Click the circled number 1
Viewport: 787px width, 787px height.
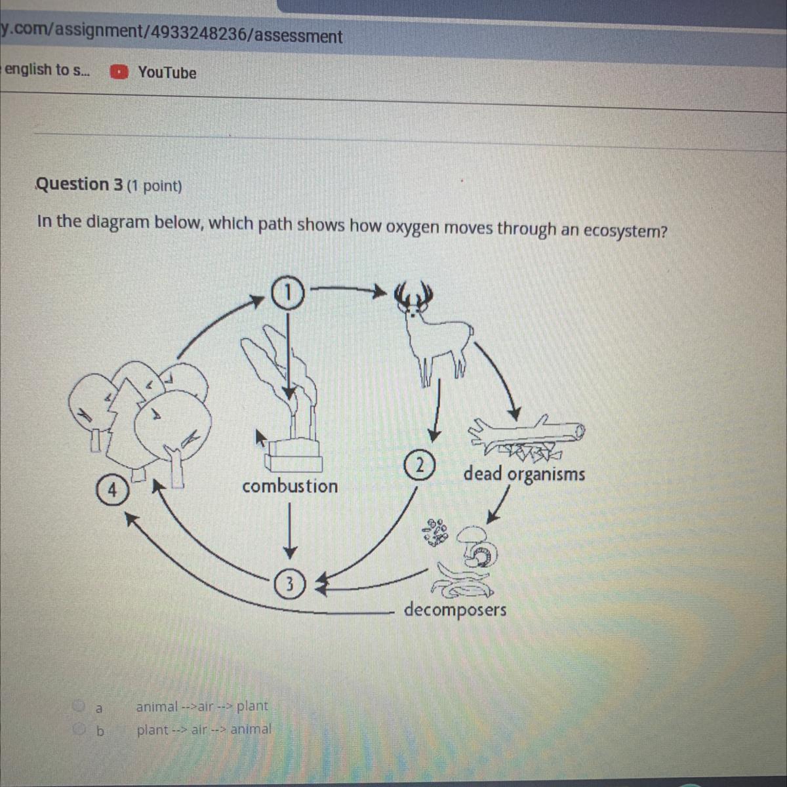(289, 293)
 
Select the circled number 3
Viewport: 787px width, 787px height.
(290, 582)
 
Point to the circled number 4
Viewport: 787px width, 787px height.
(112, 490)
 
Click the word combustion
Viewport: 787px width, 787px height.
(290, 487)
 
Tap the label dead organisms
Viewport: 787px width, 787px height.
(524, 474)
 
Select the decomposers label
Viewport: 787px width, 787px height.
(455, 610)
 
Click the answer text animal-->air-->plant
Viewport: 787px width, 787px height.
(202, 706)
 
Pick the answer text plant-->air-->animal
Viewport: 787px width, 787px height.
(204, 729)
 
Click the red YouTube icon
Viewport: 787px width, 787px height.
(119, 72)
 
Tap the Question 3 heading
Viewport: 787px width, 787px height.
(79, 185)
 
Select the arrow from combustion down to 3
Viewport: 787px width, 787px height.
(289, 528)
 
